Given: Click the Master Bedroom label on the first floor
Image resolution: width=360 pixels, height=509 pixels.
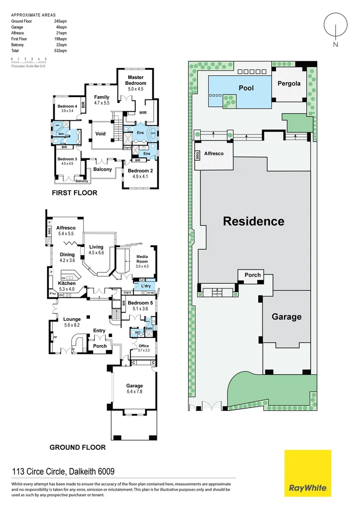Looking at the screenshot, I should pos(136,80).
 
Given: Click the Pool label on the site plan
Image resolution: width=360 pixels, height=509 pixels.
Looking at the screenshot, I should pos(246,88).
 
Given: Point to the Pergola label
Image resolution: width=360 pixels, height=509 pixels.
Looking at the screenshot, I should pos(289,83).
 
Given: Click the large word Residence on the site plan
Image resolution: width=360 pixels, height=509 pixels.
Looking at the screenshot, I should pos(254,221).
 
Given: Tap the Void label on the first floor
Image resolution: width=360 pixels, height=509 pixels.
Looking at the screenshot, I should pos(100,134).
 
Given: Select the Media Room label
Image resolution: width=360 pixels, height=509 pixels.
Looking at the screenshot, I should pos(142,259).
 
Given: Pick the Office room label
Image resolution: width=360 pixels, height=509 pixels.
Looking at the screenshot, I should pos(144,346).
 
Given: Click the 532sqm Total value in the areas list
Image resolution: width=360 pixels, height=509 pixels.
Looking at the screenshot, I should pos(60,50).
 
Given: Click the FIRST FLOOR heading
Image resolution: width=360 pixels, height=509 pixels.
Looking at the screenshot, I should pos(75,193).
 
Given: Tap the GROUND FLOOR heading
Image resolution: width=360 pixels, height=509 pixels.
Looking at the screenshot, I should pos(78,447).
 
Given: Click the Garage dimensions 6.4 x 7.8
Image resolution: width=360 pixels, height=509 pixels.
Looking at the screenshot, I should pos(134,392).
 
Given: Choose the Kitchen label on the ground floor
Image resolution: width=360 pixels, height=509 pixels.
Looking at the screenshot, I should pos(67,283).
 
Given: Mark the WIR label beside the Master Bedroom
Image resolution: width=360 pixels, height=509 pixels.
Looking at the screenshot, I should pos(144,113).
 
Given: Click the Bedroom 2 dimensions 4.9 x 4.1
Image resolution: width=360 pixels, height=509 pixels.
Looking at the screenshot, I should pos(139,177).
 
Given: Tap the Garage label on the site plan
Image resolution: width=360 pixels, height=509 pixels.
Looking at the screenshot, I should pos(286,317).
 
